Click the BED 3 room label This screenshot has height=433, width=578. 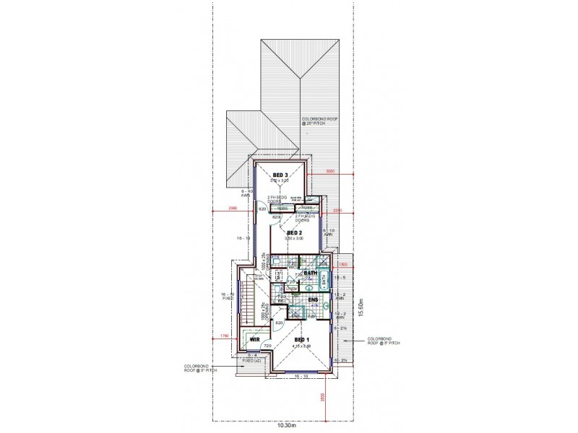pyautogui.click(x=280, y=175)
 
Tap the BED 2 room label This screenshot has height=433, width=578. pyautogui.click(x=294, y=233)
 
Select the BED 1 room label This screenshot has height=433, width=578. pyautogui.click(x=301, y=340)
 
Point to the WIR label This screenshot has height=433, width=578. pyautogui.click(x=254, y=338)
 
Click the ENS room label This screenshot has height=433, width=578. pyautogui.click(x=313, y=299)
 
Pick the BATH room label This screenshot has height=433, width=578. pyautogui.click(x=311, y=274)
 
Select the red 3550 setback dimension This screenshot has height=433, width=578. pyautogui.click(x=330, y=172)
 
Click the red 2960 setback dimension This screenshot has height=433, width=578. pyautogui.click(x=232, y=209)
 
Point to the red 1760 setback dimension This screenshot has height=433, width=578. pyautogui.click(x=224, y=335)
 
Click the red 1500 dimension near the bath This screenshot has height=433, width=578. pyautogui.click(x=342, y=265)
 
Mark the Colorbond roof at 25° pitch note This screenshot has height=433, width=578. pyautogui.click(x=319, y=122)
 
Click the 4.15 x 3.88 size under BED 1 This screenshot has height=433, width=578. pyautogui.click(x=301, y=347)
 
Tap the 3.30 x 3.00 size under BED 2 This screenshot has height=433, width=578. pyautogui.click(x=294, y=239)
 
